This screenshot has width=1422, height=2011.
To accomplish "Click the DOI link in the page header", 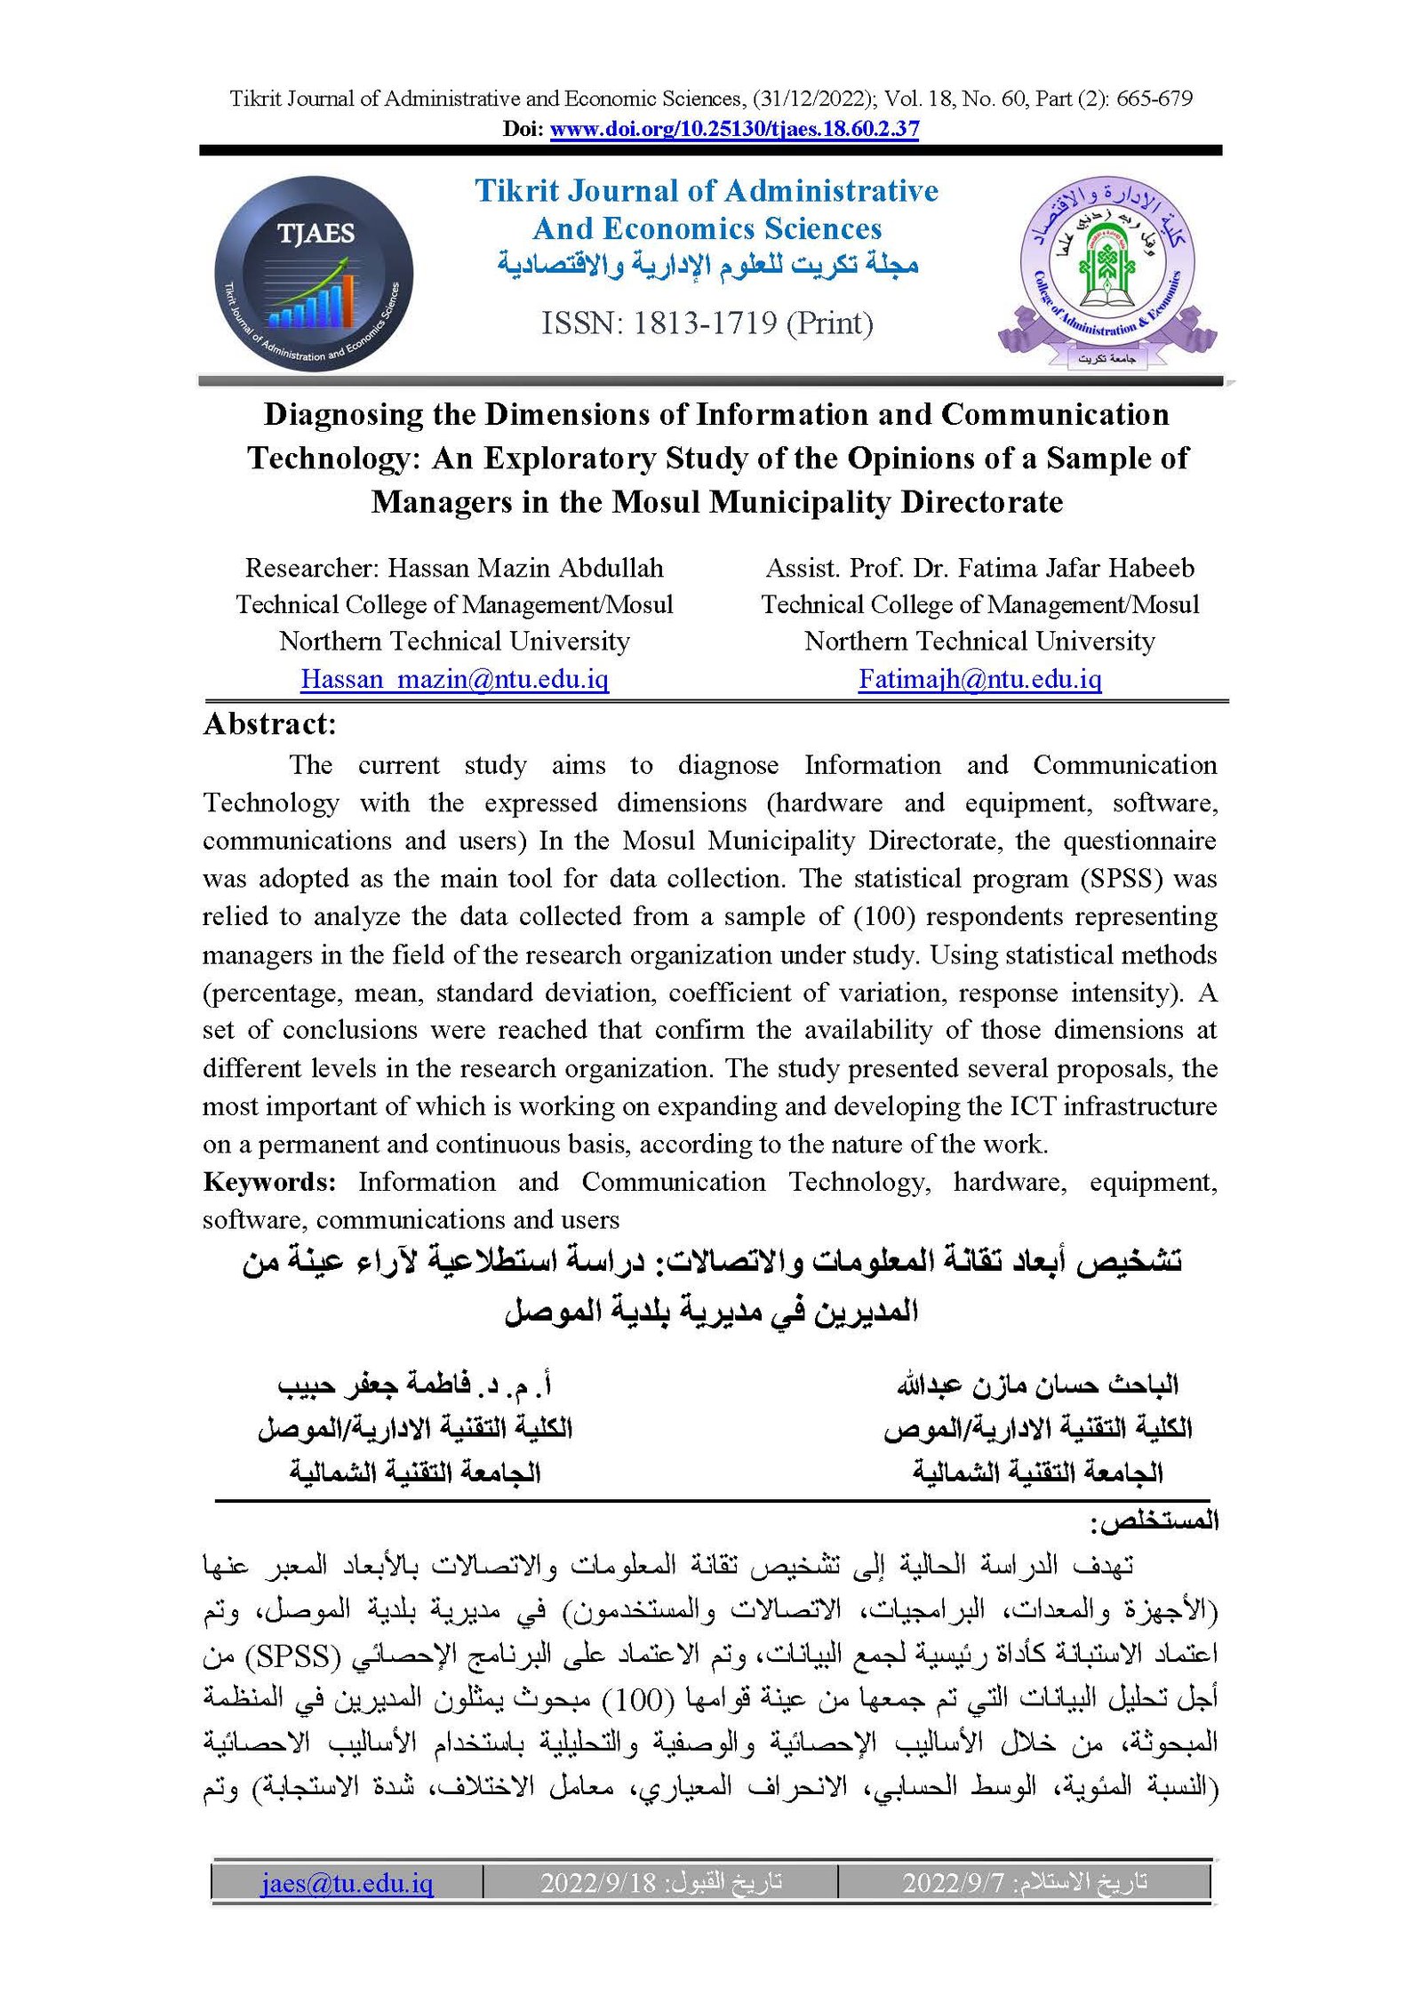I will tap(734, 129).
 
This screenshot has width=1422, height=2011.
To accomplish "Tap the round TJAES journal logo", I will tap(314, 274).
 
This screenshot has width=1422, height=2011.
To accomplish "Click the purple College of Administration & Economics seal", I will tap(1106, 271).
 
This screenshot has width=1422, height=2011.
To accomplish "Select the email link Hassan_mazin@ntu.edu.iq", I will tap(454, 679).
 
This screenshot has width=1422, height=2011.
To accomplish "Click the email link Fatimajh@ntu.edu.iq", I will tap(979, 679).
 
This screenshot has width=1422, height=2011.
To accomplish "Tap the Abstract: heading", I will tap(269, 724).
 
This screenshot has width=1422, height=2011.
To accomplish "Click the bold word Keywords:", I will tap(269, 1182).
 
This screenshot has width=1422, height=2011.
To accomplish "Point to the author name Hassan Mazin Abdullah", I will tap(525, 568).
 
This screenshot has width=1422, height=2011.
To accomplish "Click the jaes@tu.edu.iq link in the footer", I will tap(347, 1882).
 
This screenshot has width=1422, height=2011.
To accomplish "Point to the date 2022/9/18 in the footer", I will tap(597, 1882).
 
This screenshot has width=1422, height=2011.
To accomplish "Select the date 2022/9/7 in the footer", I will tap(953, 1882).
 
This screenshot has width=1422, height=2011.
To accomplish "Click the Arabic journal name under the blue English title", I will tap(707, 265).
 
